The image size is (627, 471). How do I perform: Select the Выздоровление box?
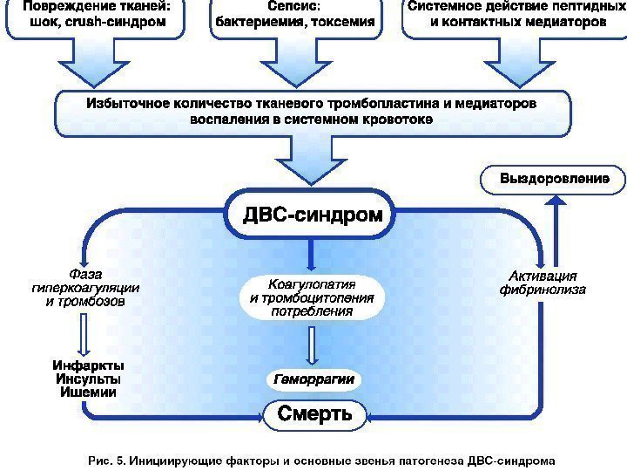pos(553,179)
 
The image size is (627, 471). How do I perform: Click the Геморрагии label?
pos(313,380)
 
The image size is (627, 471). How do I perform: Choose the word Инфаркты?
pos(88,365)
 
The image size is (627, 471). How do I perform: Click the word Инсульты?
pos(88,379)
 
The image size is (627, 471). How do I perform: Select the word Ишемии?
pos(88,392)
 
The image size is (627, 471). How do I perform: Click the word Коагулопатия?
pos(312,284)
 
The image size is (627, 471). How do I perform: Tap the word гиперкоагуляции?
pos(85,288)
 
